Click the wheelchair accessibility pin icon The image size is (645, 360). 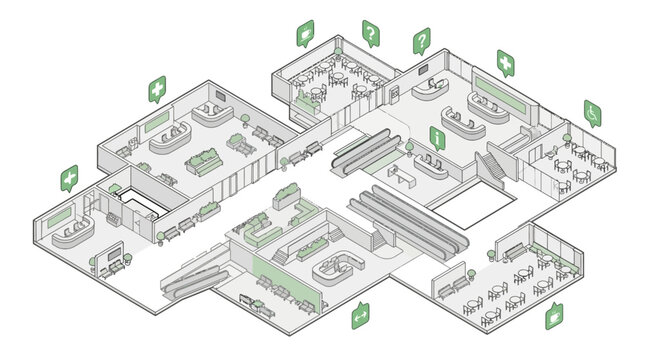click(x=592, y=112)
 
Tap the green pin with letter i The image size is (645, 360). click(x=437, y=136)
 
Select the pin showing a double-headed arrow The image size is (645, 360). click(x=359, y=315)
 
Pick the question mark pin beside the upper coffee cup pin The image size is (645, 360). click(x=371, y=35)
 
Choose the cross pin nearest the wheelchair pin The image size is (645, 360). click(x=507, y=63)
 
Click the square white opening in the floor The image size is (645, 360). click(x=474, y=208)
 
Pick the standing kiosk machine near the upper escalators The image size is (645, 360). click(x=395, y=95)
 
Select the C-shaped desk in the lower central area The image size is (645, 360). click(x=340, y=267)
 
